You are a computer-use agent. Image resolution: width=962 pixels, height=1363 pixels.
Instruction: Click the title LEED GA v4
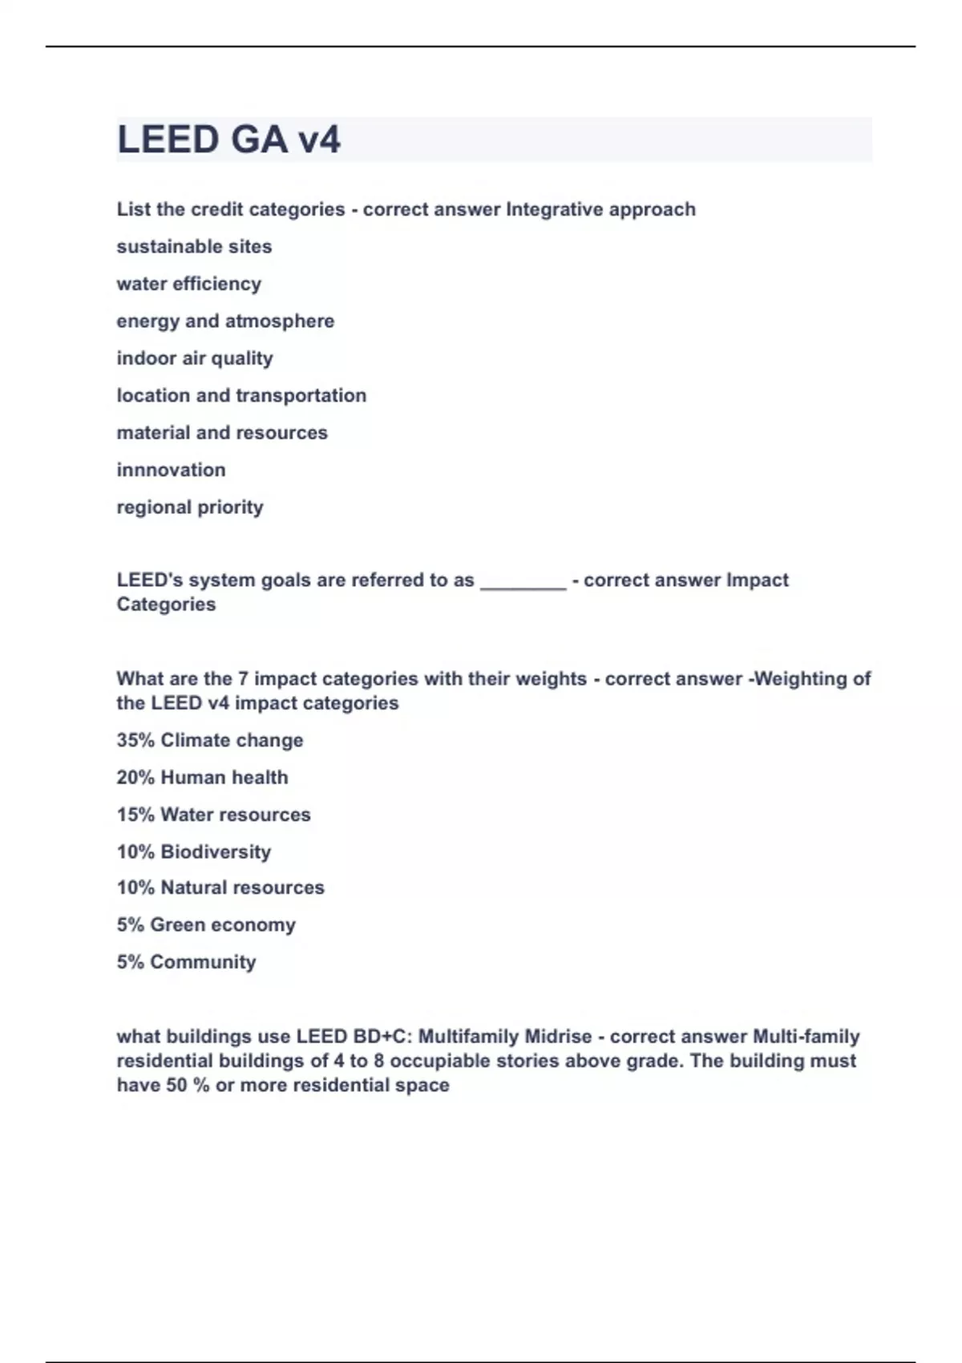click(229, 140)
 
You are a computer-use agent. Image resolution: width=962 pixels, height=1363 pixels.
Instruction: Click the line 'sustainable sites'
click(194, 247)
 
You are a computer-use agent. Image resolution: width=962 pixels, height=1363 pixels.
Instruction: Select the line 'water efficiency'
click(189, 284)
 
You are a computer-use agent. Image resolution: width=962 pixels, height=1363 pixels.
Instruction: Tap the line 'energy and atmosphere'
click(225, 322)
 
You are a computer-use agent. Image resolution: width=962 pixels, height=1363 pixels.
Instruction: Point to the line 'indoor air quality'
click(195, 358)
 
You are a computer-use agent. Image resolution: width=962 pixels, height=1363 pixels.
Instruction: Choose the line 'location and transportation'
click(241, 396)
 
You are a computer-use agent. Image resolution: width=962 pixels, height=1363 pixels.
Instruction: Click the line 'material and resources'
click(222, 433)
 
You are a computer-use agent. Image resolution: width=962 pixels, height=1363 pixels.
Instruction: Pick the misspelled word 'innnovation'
click(171, 470)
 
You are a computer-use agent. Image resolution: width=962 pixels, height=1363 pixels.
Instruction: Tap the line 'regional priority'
click(190, 508)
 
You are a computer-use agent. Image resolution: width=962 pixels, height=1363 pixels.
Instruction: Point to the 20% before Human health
click(135, 778)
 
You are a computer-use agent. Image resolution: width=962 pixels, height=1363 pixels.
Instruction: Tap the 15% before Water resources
click(135, 815)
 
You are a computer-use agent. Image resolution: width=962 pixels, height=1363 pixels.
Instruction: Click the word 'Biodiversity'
click(216, 852)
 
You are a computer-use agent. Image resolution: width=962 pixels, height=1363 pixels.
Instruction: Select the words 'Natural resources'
click(242, 888)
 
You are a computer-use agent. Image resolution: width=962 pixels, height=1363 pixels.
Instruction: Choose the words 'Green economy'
click(223, 925)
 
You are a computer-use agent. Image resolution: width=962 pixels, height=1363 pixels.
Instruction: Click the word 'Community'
click(203, 962)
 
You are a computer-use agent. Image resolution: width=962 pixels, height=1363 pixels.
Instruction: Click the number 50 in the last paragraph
click(176, 1086)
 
